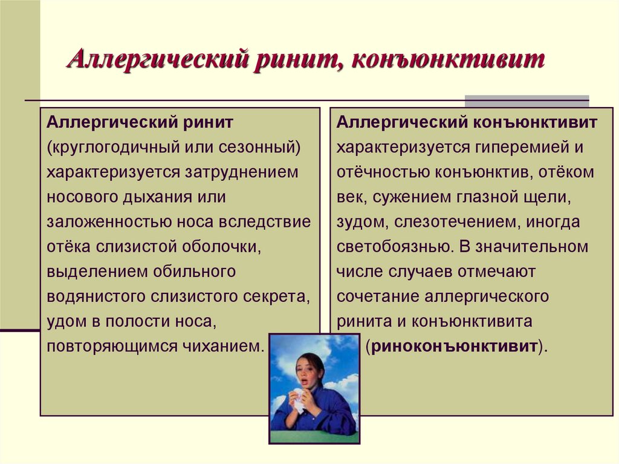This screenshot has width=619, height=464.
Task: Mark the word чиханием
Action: [x=230, y=347]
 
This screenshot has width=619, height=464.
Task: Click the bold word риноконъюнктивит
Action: [x=455, y=347]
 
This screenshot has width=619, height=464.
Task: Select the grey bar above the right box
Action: [x=526, y=101]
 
